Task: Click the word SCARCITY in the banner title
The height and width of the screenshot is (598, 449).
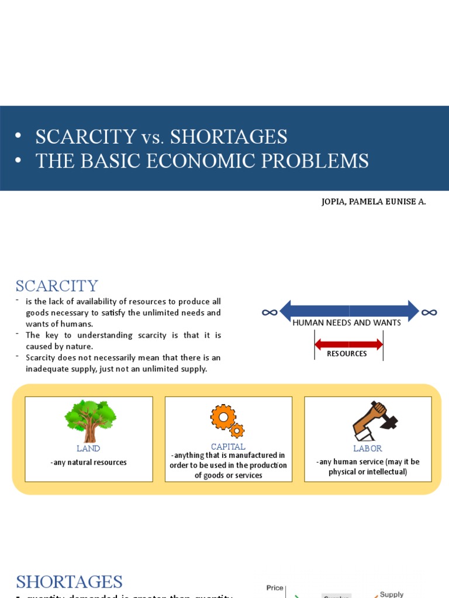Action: [85, 137]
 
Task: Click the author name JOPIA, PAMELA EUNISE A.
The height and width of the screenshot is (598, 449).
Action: [374, 201]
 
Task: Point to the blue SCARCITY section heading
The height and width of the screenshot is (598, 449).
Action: [57, 286]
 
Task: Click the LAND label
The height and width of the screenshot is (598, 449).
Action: [88, 448]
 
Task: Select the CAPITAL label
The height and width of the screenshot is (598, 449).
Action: [228, 447]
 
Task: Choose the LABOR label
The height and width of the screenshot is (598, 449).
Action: [368, 448]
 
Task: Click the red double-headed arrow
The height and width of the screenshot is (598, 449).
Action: [348, 345]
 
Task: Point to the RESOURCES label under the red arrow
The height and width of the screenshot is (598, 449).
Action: [347, 354]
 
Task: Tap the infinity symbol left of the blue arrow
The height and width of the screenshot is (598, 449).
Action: [270, 312]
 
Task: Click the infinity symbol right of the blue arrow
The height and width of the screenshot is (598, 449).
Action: [429, 312]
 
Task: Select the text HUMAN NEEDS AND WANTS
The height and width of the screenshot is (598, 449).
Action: [347, 323]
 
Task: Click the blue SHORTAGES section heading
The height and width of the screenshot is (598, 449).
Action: [69, 582]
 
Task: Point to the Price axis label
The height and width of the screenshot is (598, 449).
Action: [275, 588]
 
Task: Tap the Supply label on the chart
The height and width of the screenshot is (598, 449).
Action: [392, 594]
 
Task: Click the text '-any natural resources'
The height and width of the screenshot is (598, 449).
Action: [88, 463]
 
